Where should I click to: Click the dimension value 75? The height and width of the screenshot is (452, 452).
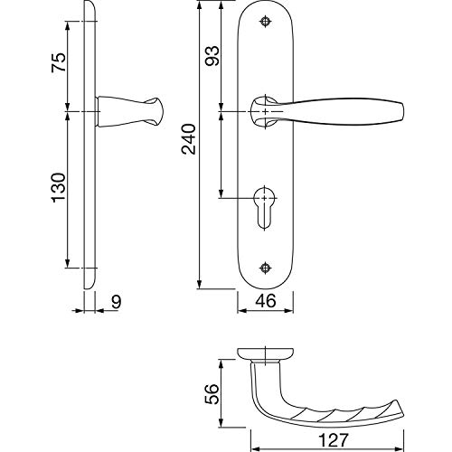tap(59, 62)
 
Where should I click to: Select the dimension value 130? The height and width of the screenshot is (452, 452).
tap(59, 187)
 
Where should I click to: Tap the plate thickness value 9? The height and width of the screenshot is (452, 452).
tap(116, 302)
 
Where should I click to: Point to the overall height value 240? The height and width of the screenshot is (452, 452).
tap(189, 139)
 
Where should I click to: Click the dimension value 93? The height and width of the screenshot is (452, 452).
tap(212, 56)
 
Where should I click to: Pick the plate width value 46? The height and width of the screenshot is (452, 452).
tap(266, 301)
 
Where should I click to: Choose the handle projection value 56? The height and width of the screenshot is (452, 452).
tap(212, 394)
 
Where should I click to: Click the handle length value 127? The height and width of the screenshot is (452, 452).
tap(334, 440)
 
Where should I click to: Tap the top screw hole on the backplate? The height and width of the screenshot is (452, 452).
tap(265, 22)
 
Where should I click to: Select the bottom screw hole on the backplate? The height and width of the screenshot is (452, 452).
tap(265, 268)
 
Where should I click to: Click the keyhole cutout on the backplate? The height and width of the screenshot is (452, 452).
tap(265, 208)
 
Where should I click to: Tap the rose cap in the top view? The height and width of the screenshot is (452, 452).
tap(266, 353)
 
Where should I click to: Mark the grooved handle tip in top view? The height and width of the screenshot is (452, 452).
tap(398, 410)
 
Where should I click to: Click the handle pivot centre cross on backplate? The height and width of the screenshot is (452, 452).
tap(265, 111)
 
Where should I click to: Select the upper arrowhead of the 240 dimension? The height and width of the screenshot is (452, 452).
tap(199, 6)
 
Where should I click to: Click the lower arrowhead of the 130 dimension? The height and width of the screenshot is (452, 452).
tap(68, 263)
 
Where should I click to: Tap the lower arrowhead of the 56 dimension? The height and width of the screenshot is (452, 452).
tap(221, 422)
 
